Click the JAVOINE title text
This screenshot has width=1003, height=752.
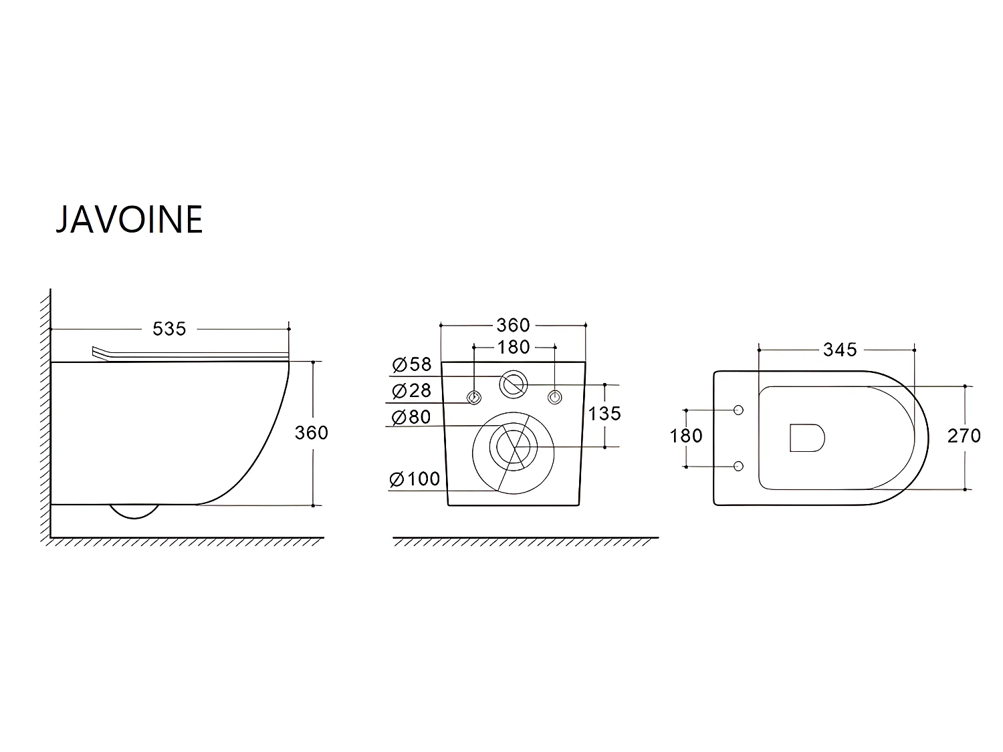(x=129, y=220)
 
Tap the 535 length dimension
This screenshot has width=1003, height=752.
(x=169, y=329)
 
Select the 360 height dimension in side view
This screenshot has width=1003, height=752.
(x=311, y=433)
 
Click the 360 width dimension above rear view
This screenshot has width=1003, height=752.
(x=513, y=326)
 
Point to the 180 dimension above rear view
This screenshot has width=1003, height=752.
(x=514, y=348)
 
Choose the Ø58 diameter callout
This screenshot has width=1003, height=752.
(x=412, y=364)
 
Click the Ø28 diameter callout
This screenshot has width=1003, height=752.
(x=412, y=390)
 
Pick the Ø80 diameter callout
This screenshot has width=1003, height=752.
(x=412, y=417)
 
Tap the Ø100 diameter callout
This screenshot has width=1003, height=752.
(x=415, y=479)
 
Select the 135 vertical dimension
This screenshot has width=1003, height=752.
(x=604, y=414)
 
